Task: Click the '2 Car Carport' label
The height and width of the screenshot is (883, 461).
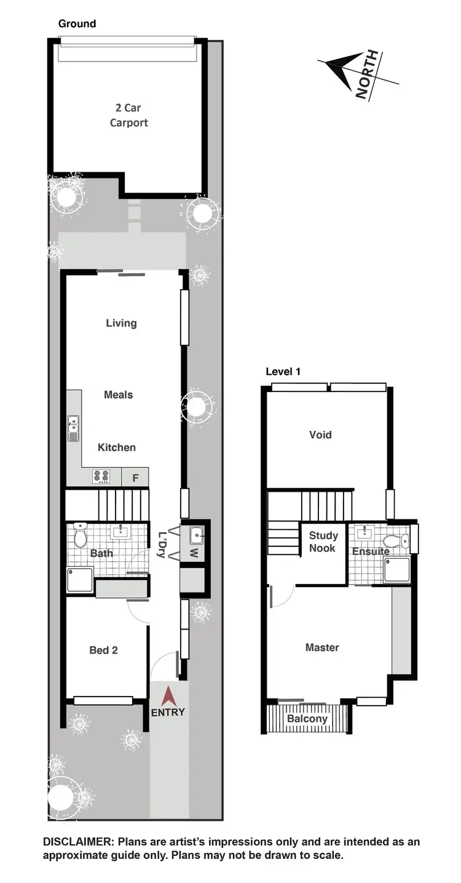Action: point(128,115)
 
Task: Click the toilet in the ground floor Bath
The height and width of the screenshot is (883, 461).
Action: point(80,535)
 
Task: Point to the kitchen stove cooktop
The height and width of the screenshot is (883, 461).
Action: point(101,476)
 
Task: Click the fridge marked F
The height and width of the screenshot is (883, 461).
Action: point(135,476)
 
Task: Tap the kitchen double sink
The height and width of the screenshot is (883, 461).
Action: point(73,427)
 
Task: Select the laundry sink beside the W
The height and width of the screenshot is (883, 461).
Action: point(197,535)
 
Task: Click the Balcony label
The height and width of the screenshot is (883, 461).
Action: point(307,719)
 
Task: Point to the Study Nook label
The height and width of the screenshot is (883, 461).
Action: point(323,541)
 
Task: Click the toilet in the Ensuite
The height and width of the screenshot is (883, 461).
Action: point(404,541)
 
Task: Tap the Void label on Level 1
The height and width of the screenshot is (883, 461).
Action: point(320,434)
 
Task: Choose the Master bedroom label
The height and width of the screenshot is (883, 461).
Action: point(322,647)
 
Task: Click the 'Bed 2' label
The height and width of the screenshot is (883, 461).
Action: point(103,650)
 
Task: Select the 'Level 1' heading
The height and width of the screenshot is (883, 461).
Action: point(283,372)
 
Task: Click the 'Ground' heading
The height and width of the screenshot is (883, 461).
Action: point(77,24)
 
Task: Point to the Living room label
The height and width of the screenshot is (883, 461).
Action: point(121,323)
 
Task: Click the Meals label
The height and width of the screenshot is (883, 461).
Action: point(119,394)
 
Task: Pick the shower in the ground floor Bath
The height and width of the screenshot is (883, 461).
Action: point(80,580)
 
